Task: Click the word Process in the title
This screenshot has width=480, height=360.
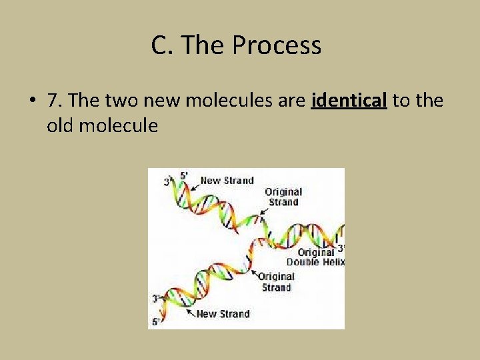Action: coord(277,46)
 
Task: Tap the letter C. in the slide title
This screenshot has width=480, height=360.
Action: coord(163,46)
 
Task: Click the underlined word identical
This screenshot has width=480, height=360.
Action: coord(349,101)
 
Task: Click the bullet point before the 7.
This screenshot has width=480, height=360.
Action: coord(32,101)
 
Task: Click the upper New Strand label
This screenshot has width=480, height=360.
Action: coord(227,180)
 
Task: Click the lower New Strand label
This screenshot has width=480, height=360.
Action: coord(223,313)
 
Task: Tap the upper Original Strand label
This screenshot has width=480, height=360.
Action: coord(283,197)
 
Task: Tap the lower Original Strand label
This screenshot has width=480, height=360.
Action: coord(276,282)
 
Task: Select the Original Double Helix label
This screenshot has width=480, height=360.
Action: coord(315,257)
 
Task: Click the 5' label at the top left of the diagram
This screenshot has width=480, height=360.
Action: coord(184,176)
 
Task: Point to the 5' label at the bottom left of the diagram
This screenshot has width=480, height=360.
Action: coord(156,322)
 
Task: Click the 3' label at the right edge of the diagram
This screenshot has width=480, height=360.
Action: coord(341,248)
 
